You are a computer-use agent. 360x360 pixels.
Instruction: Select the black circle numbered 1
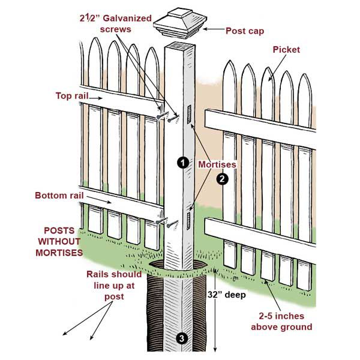180,162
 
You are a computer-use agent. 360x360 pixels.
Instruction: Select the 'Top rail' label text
72,95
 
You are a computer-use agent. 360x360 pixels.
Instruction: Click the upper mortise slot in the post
190,112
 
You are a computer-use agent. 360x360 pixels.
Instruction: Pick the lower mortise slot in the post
188,219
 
